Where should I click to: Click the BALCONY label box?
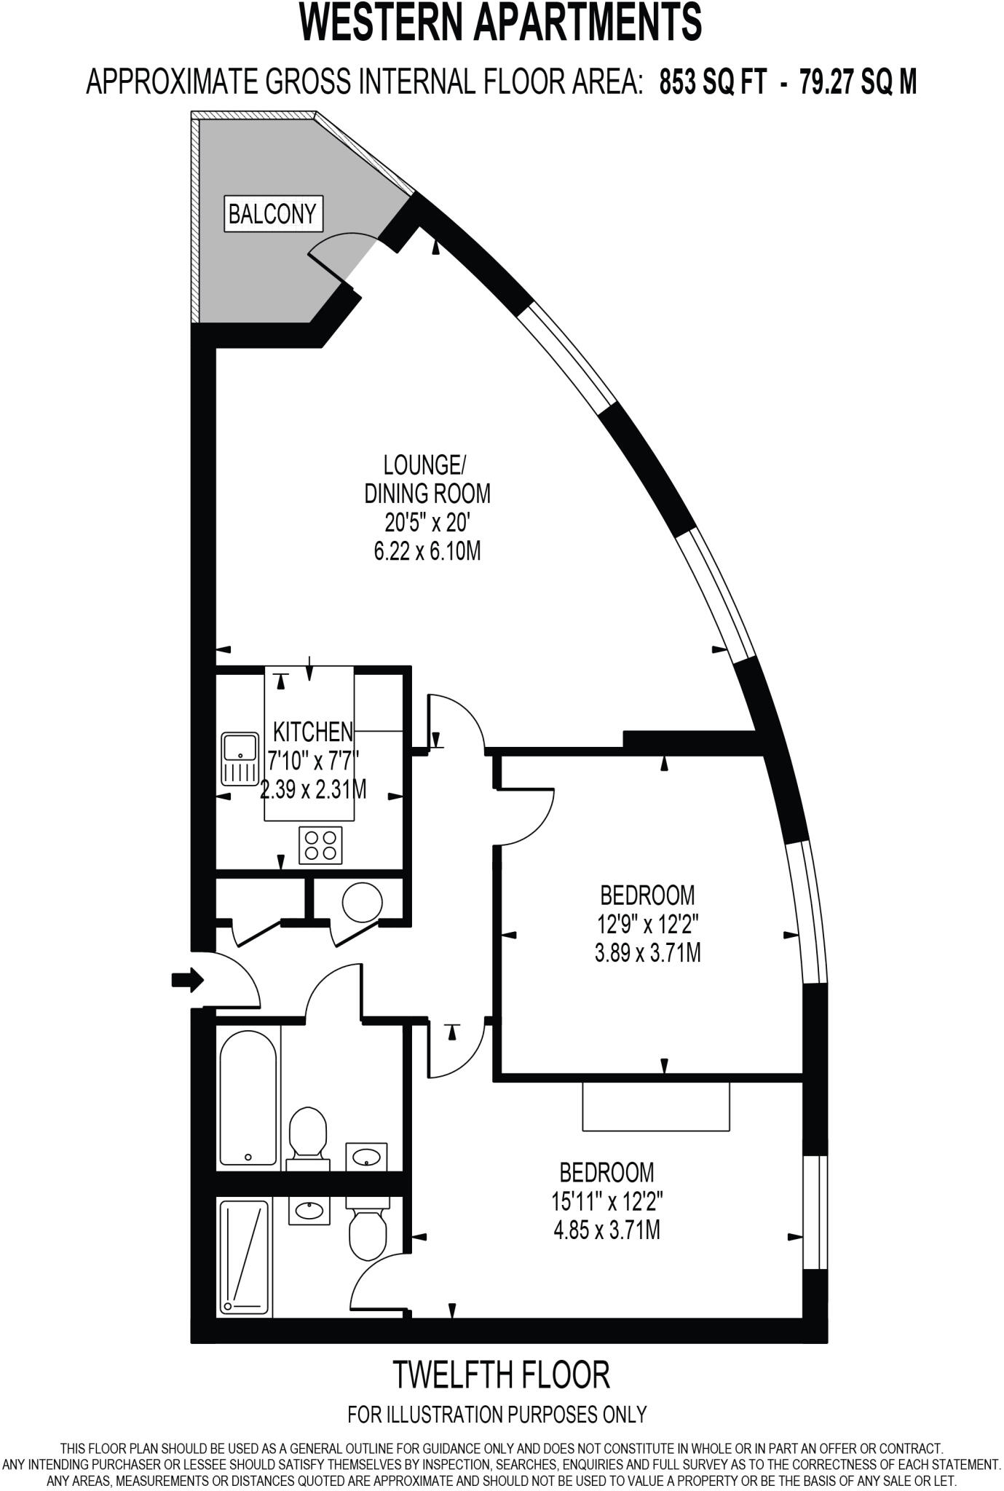pos(272,214)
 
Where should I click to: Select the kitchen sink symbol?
pos(240,758)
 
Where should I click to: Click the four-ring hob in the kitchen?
pos(320,845)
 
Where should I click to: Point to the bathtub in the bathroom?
pos(248,1096)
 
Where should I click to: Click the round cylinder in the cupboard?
pos(362,902)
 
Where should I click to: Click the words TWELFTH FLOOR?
pos(501,1374)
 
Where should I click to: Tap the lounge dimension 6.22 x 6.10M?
pos(427,552)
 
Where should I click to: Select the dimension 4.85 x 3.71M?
pos(606,1231)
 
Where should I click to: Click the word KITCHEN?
pos(312,731)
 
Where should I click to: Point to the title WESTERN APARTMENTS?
pos(501,23)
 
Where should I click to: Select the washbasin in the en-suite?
pos(309,1209)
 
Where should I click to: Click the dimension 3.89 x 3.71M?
pos(647,952)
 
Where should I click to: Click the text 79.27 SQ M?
pos(858,82)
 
